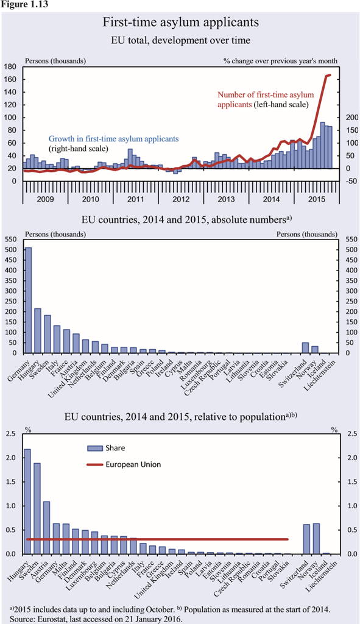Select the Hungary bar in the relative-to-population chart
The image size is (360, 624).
coord(27,502)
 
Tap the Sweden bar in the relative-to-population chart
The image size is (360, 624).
coord(37,508)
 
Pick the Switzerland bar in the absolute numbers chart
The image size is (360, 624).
coord(306,348)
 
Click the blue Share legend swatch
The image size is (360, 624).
coord(94,448)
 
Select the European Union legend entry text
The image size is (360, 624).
coord(133,464)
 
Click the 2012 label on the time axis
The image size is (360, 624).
coord(181,199)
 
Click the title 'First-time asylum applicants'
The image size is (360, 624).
coord(181,22)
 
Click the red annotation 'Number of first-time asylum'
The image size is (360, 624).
coord(266,95)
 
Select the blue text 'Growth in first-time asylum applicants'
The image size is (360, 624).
coord(114,139)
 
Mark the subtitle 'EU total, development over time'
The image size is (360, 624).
coord(181,40)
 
